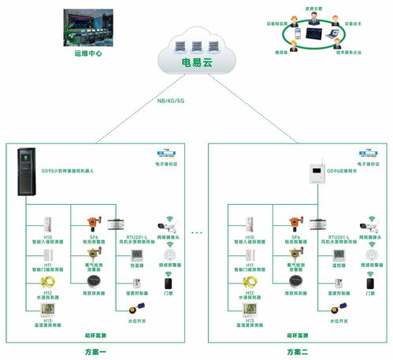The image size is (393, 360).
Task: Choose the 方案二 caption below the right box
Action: coord(297,351)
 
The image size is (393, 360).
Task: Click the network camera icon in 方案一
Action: coord(167,221)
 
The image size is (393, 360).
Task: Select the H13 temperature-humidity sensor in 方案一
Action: coord(48,310)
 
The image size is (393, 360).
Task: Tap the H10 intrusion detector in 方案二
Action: coord(249,223)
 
